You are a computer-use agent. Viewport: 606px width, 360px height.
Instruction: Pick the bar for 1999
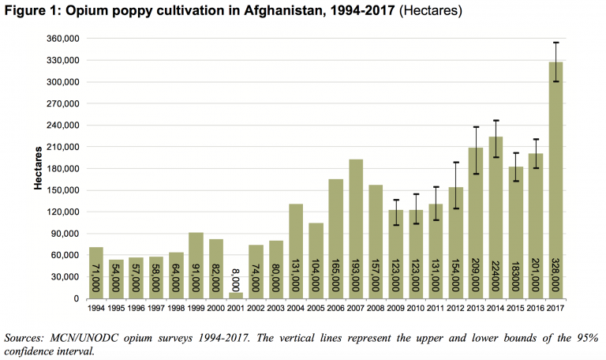pos(196,265)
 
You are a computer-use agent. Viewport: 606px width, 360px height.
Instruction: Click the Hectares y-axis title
pos(37,168)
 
